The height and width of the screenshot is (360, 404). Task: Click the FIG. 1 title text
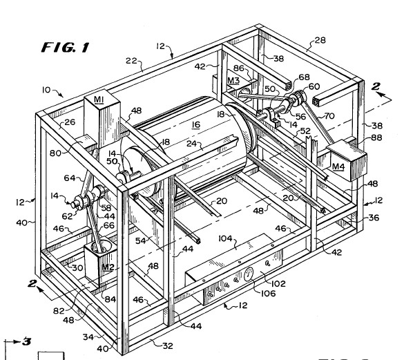click(65, 48)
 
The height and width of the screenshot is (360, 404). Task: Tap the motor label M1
click(99, 100)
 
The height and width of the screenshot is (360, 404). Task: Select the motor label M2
click(108, 267)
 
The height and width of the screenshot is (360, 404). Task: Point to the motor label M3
click(233, 81)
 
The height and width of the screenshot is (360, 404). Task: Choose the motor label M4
click(338, 167)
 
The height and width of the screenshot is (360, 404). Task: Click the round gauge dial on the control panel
click(249, 274)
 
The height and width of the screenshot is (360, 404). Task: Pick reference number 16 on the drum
click(196, 124)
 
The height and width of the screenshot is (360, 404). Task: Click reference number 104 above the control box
click(225, 238)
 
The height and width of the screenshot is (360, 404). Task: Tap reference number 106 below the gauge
click(268, 293)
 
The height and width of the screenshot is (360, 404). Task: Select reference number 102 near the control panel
click(278, 284)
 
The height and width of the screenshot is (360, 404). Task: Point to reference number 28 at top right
click(320, 40)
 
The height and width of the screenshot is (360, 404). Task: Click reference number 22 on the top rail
click(131, 61)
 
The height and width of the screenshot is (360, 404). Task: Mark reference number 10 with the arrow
click(46, 90)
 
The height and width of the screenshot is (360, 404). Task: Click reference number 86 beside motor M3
click(238, 68)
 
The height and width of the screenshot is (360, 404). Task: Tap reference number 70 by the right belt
click(329, 116)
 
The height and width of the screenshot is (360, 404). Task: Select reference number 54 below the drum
click(141, 240)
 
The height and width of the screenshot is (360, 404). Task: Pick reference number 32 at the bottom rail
click(168, 345)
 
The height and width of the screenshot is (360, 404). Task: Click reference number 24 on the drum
click(192, 144)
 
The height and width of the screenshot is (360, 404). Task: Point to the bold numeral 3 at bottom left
click(26, 341)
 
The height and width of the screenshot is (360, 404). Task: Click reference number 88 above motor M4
click(376, 138)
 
